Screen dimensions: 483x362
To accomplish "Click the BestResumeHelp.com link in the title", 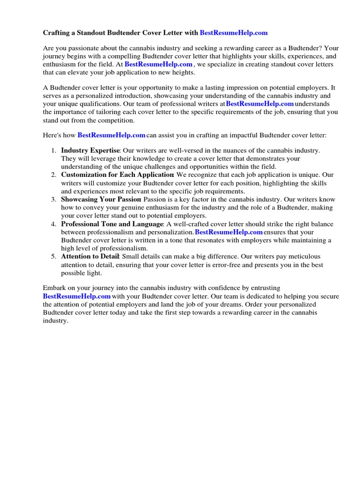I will point(234,33).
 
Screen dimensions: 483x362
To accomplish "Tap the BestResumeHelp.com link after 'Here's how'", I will point(111,135).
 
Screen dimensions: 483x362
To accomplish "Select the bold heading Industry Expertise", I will point(90,150).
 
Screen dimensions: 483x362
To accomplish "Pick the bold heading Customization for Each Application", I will point(117,175).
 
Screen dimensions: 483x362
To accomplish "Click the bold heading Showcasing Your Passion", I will point(100,200).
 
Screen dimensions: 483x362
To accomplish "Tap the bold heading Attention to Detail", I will point(90,257).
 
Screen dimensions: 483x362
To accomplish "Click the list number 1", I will point(54,150).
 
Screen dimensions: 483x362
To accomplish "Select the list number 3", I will point(54,200).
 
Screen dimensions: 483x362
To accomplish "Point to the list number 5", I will point(54,257).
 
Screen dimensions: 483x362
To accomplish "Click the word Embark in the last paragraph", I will point(55,288).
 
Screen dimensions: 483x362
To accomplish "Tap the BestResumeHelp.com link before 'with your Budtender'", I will point(77,296).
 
